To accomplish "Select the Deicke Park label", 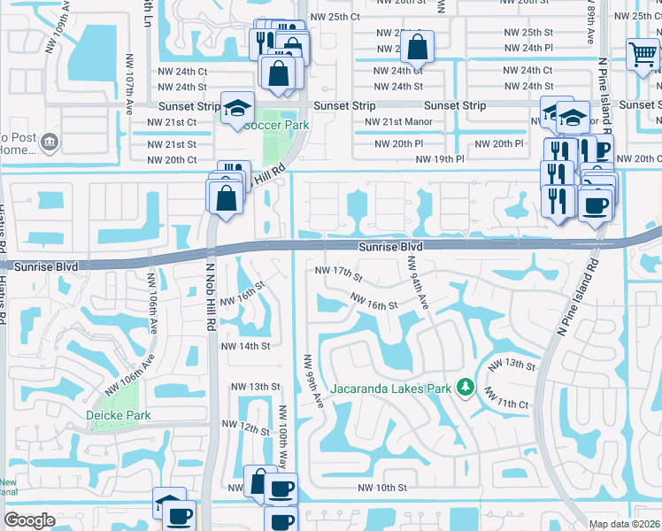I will tap(118, 415).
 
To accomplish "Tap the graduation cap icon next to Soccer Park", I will tap(236, 108).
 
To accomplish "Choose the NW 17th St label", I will tap(339, 273).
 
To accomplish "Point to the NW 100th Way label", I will tap(283, 435).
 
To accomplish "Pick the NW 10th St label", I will tap(382, 488).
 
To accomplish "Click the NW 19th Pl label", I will tap(440, 159).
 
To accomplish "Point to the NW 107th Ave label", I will tap(128, 91).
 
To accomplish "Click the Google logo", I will tap(29, 520).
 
